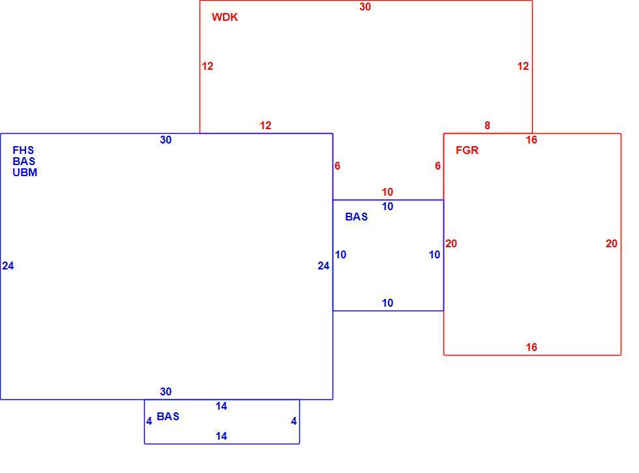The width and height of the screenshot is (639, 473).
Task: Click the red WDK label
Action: click(x=224, y=17)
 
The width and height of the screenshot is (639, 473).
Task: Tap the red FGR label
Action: click(x=467, y=151)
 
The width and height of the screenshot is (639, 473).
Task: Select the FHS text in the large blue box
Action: click(x=23, y=151)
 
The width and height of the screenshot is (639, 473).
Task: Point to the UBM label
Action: click(x=25, y=172)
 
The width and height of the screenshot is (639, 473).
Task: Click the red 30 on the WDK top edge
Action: click(x=365, y=7)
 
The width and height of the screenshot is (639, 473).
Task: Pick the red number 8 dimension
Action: click(x=488, y=125)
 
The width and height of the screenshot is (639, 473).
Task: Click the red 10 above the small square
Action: click(x=387, y=192)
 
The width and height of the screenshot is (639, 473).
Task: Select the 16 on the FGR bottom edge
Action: click(x=531, y=347)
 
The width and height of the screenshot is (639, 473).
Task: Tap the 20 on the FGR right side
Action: click(x=612, y=244)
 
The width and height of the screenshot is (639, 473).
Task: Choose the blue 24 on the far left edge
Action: click(x=8, y=266)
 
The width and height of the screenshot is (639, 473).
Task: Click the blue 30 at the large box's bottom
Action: click(x=166, y=392)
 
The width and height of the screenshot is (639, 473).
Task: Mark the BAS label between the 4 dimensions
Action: click(x=168, y=417)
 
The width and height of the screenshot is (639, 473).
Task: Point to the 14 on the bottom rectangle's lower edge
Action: click(x=221, y=436)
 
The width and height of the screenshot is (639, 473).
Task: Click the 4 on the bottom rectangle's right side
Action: click(x=294, y=421)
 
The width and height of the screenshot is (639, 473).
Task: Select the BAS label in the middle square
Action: click(x=356, y=217)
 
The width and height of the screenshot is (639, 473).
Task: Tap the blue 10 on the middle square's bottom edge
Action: click(x=387, y=303)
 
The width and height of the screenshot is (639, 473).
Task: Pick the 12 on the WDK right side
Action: click(x=523, y=66)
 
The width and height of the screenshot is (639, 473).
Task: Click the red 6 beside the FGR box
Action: click(x=438, y=166)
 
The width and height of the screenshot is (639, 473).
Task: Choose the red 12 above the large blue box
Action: click(x=266, y=125)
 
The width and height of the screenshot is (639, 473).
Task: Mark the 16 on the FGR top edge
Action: click(x=531, y=140)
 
